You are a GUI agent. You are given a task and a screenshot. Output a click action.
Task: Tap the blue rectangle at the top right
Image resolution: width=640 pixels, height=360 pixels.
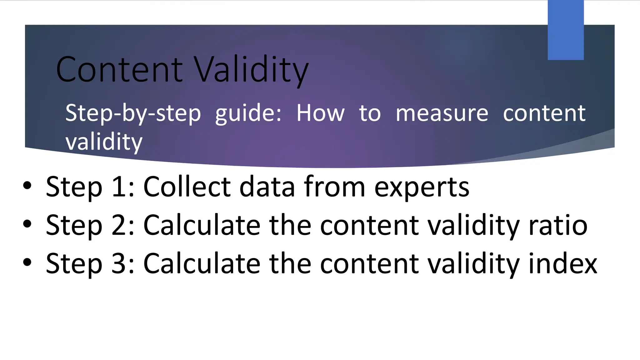(x=566, y=30)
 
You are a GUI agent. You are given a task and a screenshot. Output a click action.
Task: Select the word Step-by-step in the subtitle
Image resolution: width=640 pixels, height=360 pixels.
(x=133, y=113)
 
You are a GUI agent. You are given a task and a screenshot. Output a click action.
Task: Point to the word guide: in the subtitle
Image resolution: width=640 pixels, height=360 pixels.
(x=248, y=113)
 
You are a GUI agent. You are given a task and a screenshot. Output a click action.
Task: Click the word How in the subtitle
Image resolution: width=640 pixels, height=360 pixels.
(x=321, y=113)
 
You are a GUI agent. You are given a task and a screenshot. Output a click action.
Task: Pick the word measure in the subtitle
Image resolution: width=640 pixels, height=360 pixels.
(x=442, y=113)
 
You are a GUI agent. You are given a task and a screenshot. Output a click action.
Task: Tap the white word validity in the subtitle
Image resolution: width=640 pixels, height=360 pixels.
(x=104, y=142)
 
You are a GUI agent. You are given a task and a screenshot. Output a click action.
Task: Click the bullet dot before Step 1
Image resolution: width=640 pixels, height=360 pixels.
(x=27, y=186)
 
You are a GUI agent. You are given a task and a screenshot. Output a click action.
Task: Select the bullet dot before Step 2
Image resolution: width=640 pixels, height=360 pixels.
(x=27, y=224)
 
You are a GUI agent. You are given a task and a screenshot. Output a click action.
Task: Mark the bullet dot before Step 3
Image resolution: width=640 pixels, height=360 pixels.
(x=27, y=262)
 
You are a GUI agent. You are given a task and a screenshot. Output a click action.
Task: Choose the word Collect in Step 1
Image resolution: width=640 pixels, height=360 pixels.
(x=187, y=187)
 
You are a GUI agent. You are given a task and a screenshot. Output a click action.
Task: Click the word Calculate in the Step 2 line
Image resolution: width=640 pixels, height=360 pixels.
(x=202, y=225)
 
